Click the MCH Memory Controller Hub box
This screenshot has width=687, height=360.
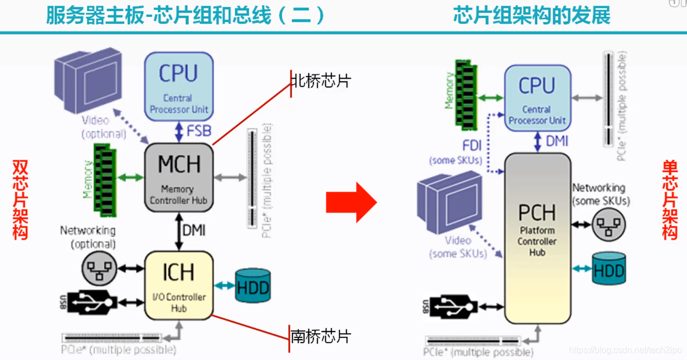point(178,177)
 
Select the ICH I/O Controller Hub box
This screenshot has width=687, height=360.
point(178,285)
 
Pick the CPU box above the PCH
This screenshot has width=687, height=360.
point(537,98)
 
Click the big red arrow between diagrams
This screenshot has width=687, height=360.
point(351,202)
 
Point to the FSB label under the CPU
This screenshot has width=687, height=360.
point(199,131)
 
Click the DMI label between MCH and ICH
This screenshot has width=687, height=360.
point(194,230)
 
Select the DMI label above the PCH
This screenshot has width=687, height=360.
point(557,142)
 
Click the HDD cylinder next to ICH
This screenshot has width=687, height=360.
point(253,286)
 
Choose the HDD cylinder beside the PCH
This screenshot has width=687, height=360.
point(609,269)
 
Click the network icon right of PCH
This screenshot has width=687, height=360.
point(609,224)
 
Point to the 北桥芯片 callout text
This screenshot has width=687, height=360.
point(321,82)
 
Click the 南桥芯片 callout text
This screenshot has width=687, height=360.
point(321,336)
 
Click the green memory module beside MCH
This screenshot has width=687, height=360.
point(105,178)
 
